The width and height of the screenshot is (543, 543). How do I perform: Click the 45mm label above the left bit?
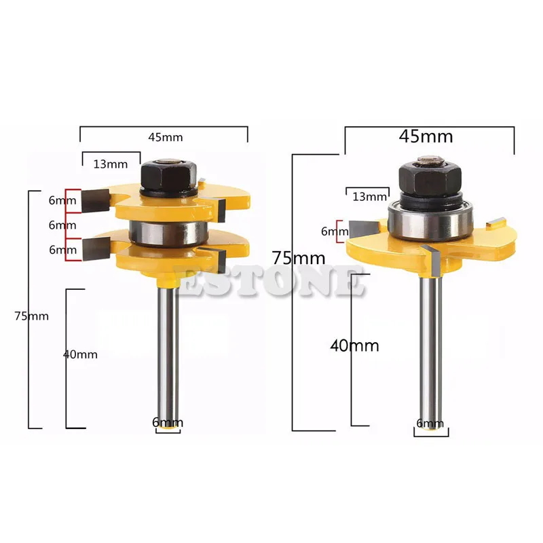(166, 138)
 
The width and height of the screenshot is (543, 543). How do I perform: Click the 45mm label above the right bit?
(426, 136)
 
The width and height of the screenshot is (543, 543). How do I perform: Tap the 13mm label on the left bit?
(111, 164)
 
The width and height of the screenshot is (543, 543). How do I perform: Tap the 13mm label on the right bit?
(369, 197)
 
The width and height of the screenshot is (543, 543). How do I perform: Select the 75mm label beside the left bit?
(31, 316)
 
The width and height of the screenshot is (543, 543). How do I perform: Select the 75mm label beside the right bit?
(299, 258)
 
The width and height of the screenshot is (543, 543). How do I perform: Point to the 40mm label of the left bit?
(80, 354)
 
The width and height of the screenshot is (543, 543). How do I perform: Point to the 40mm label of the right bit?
(354, 345)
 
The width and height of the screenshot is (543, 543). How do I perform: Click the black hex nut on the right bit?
(430, 179)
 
